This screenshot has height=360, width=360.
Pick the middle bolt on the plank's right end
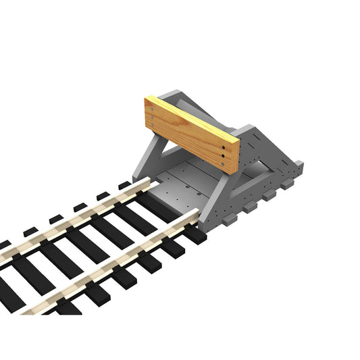[x=224, y=155]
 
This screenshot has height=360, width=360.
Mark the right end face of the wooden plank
[x=236, y=157]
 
